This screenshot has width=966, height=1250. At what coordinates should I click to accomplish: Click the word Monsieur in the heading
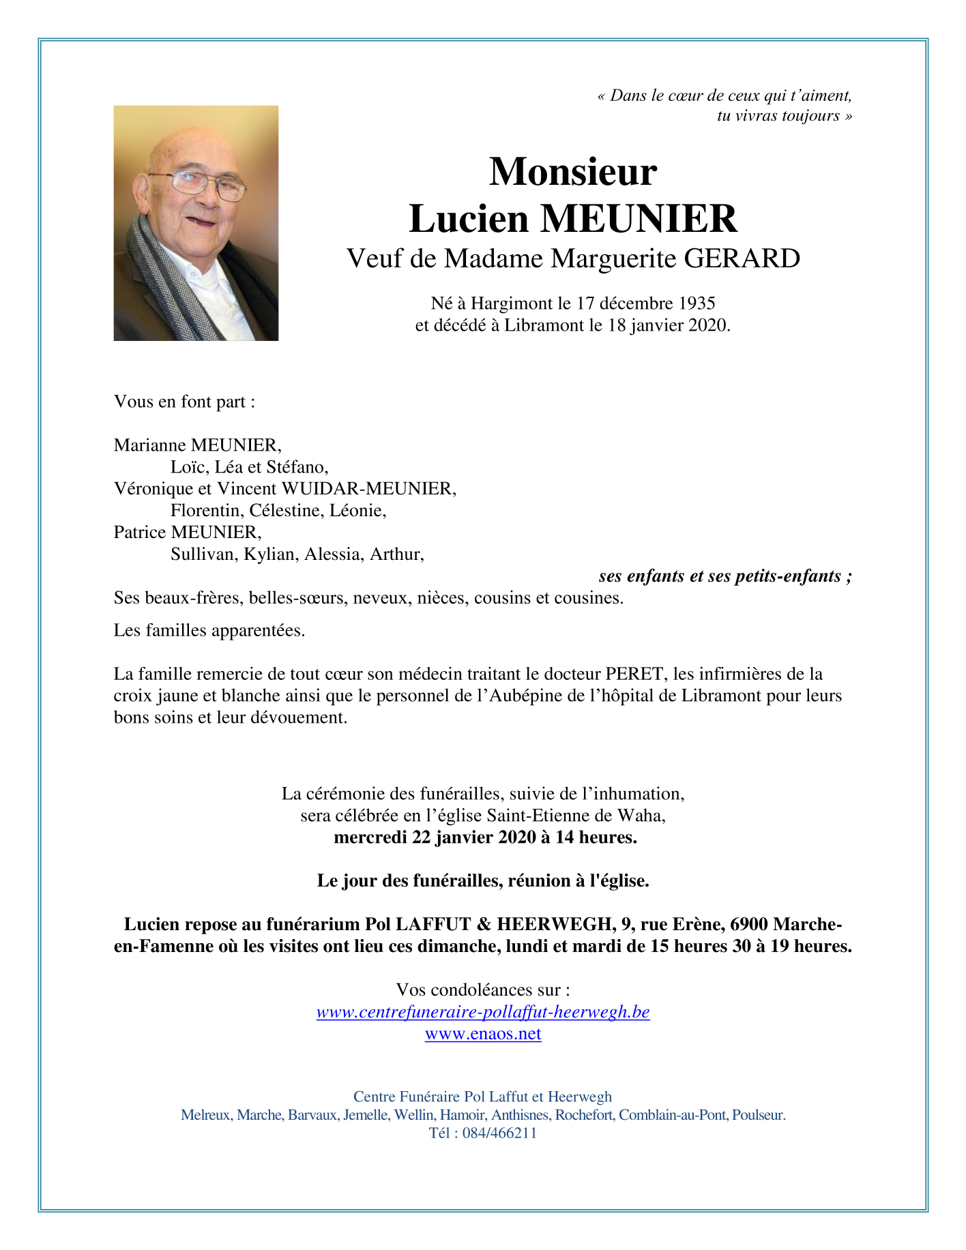572,172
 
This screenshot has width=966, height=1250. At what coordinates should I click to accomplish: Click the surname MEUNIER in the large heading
639,220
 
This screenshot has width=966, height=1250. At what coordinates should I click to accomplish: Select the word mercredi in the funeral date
370,837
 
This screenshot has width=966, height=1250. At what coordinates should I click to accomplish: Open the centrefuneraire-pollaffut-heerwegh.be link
483,1012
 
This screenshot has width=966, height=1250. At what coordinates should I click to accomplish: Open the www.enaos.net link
483,1034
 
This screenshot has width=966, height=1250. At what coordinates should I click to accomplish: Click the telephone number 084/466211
499,1133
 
